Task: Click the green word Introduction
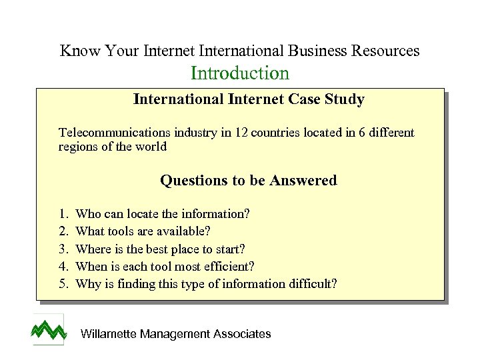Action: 240,73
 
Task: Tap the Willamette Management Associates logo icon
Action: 49,329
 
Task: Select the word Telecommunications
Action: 110,133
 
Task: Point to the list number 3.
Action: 63,249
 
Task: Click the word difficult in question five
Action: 311,284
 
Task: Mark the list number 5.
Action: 63,284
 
